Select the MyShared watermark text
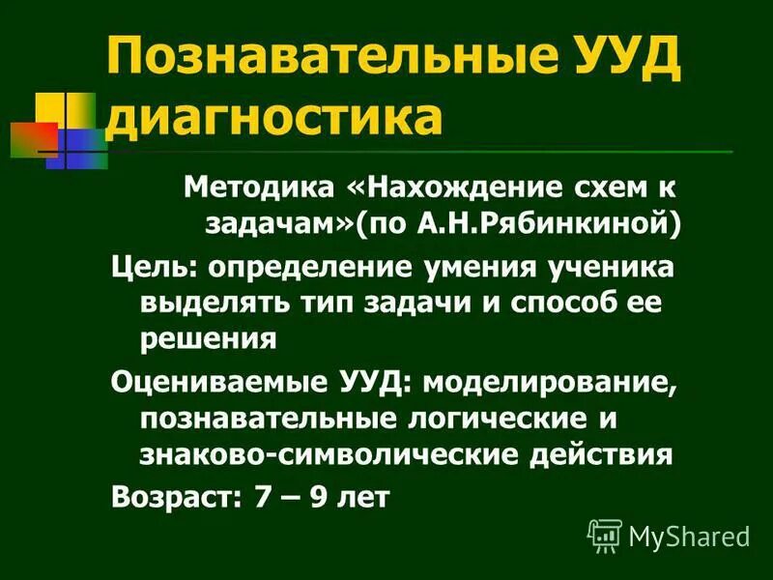[688, 536]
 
